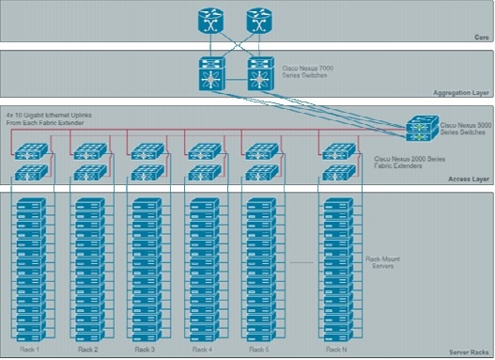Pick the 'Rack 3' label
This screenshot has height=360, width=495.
coord(145,350)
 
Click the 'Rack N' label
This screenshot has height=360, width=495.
coord(335,350)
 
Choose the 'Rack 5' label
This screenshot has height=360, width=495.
coord(259,350)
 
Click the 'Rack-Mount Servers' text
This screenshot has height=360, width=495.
coord(380,261)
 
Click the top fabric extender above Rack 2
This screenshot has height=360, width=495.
coord(89,149)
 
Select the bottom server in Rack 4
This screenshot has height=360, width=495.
coord(202,333)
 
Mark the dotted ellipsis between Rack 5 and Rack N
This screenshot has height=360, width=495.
coord(300,260)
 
